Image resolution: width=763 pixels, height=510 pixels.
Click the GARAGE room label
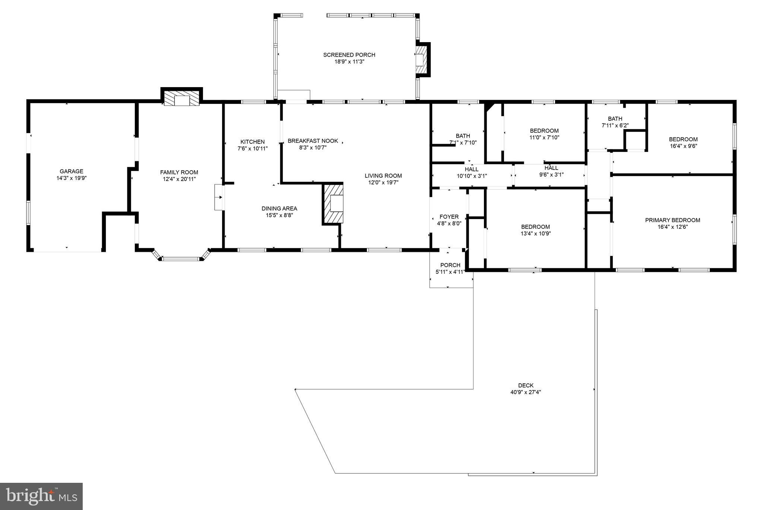click(72, 171)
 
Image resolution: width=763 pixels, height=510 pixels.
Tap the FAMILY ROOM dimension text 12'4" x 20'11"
click(179, 179)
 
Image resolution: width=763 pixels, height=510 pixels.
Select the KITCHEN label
click(252, 142)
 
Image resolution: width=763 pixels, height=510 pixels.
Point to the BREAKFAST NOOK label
click(313, 141)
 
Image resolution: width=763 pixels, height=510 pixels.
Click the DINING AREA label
click(279, 208)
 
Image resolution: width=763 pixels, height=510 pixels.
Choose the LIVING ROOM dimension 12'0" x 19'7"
click(383, 183)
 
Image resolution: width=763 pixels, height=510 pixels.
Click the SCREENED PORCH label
click(349, 55)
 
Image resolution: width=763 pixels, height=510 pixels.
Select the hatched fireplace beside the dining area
click(333, 203)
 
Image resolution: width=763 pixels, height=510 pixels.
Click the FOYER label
click(449, 217)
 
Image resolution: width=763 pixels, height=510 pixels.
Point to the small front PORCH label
click(450, 265)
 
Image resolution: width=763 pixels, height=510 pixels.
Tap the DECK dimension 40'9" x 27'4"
click(525, 392)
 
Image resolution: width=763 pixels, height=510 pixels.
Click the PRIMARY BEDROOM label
click(672, 220)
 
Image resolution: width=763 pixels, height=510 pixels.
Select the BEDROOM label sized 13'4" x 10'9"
click(535, 227)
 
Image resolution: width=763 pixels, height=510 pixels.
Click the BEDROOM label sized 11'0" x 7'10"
click(544, 131)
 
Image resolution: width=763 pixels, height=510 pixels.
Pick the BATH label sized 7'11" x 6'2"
click(615, 119)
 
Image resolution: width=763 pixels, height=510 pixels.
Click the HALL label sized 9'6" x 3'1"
click(551, 168)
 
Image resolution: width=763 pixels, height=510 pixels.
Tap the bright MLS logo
click(41, 496)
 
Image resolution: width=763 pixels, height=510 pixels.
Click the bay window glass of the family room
click(181, 258)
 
